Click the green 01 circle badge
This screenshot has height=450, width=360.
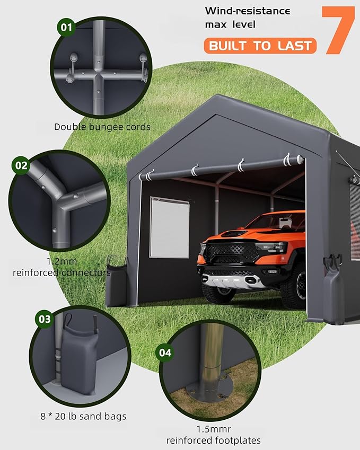point(66,28)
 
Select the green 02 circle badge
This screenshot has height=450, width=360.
point(21,165)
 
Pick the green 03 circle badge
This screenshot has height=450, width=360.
point(45,319)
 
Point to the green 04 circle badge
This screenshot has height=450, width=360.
point(165,351)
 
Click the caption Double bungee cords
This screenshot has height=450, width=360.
point(102,127)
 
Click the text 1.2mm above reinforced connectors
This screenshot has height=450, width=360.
point(62,262)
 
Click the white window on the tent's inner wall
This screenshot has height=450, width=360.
point(169,227)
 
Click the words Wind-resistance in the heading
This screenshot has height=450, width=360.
point(248,11)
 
